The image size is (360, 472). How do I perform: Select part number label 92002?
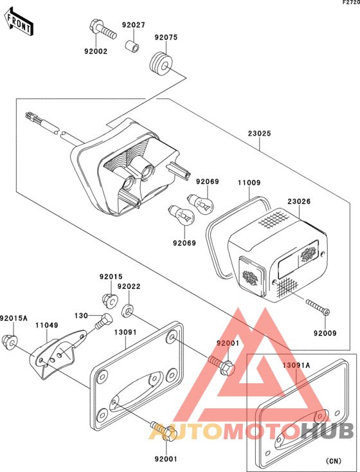(x=96, y=51)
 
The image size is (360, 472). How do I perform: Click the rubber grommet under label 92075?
(x=161, y=64)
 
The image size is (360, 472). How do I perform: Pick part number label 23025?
(x=260, y=133)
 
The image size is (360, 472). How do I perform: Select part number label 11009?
(x=249, y=183)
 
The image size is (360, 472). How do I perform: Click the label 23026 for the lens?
(x=299, y=201)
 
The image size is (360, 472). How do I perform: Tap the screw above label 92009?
(x=318, y=306)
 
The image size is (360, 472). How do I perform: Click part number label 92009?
(x=325, y=333)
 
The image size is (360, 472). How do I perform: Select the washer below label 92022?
(x=128, y=311)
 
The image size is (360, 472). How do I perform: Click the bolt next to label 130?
(x=104, y=321)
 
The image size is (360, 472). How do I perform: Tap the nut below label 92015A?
(x=10, y=342)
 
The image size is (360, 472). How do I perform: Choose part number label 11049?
(x=47, y=325)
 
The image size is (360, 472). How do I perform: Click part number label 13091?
(x=125, y=332)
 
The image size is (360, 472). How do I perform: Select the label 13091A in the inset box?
(x=296, y=365)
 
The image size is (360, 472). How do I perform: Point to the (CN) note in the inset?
(x=333, y=461)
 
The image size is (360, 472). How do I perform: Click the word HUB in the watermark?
(x=327, y=431)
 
